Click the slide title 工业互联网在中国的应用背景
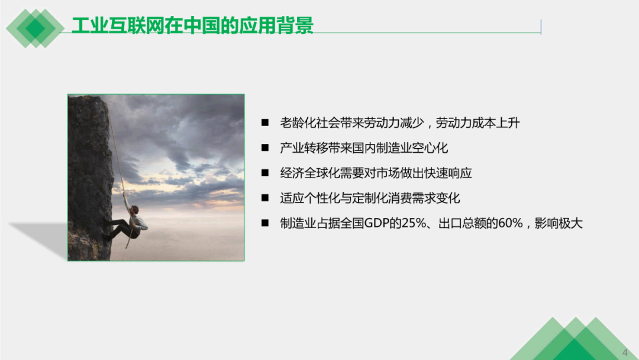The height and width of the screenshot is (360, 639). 192,25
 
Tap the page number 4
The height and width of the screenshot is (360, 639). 625,353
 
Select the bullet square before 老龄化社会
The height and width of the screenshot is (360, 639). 265,123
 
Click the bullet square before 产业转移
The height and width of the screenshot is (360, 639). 265,147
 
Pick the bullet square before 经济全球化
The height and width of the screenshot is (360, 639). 265,173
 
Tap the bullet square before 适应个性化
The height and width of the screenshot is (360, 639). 265,198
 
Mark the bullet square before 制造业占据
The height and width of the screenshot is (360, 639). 265,223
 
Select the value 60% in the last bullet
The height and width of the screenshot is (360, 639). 510,223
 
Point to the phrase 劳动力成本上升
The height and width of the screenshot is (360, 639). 477,123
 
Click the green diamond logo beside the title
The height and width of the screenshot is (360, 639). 35,28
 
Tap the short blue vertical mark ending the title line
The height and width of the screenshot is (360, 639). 541,27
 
